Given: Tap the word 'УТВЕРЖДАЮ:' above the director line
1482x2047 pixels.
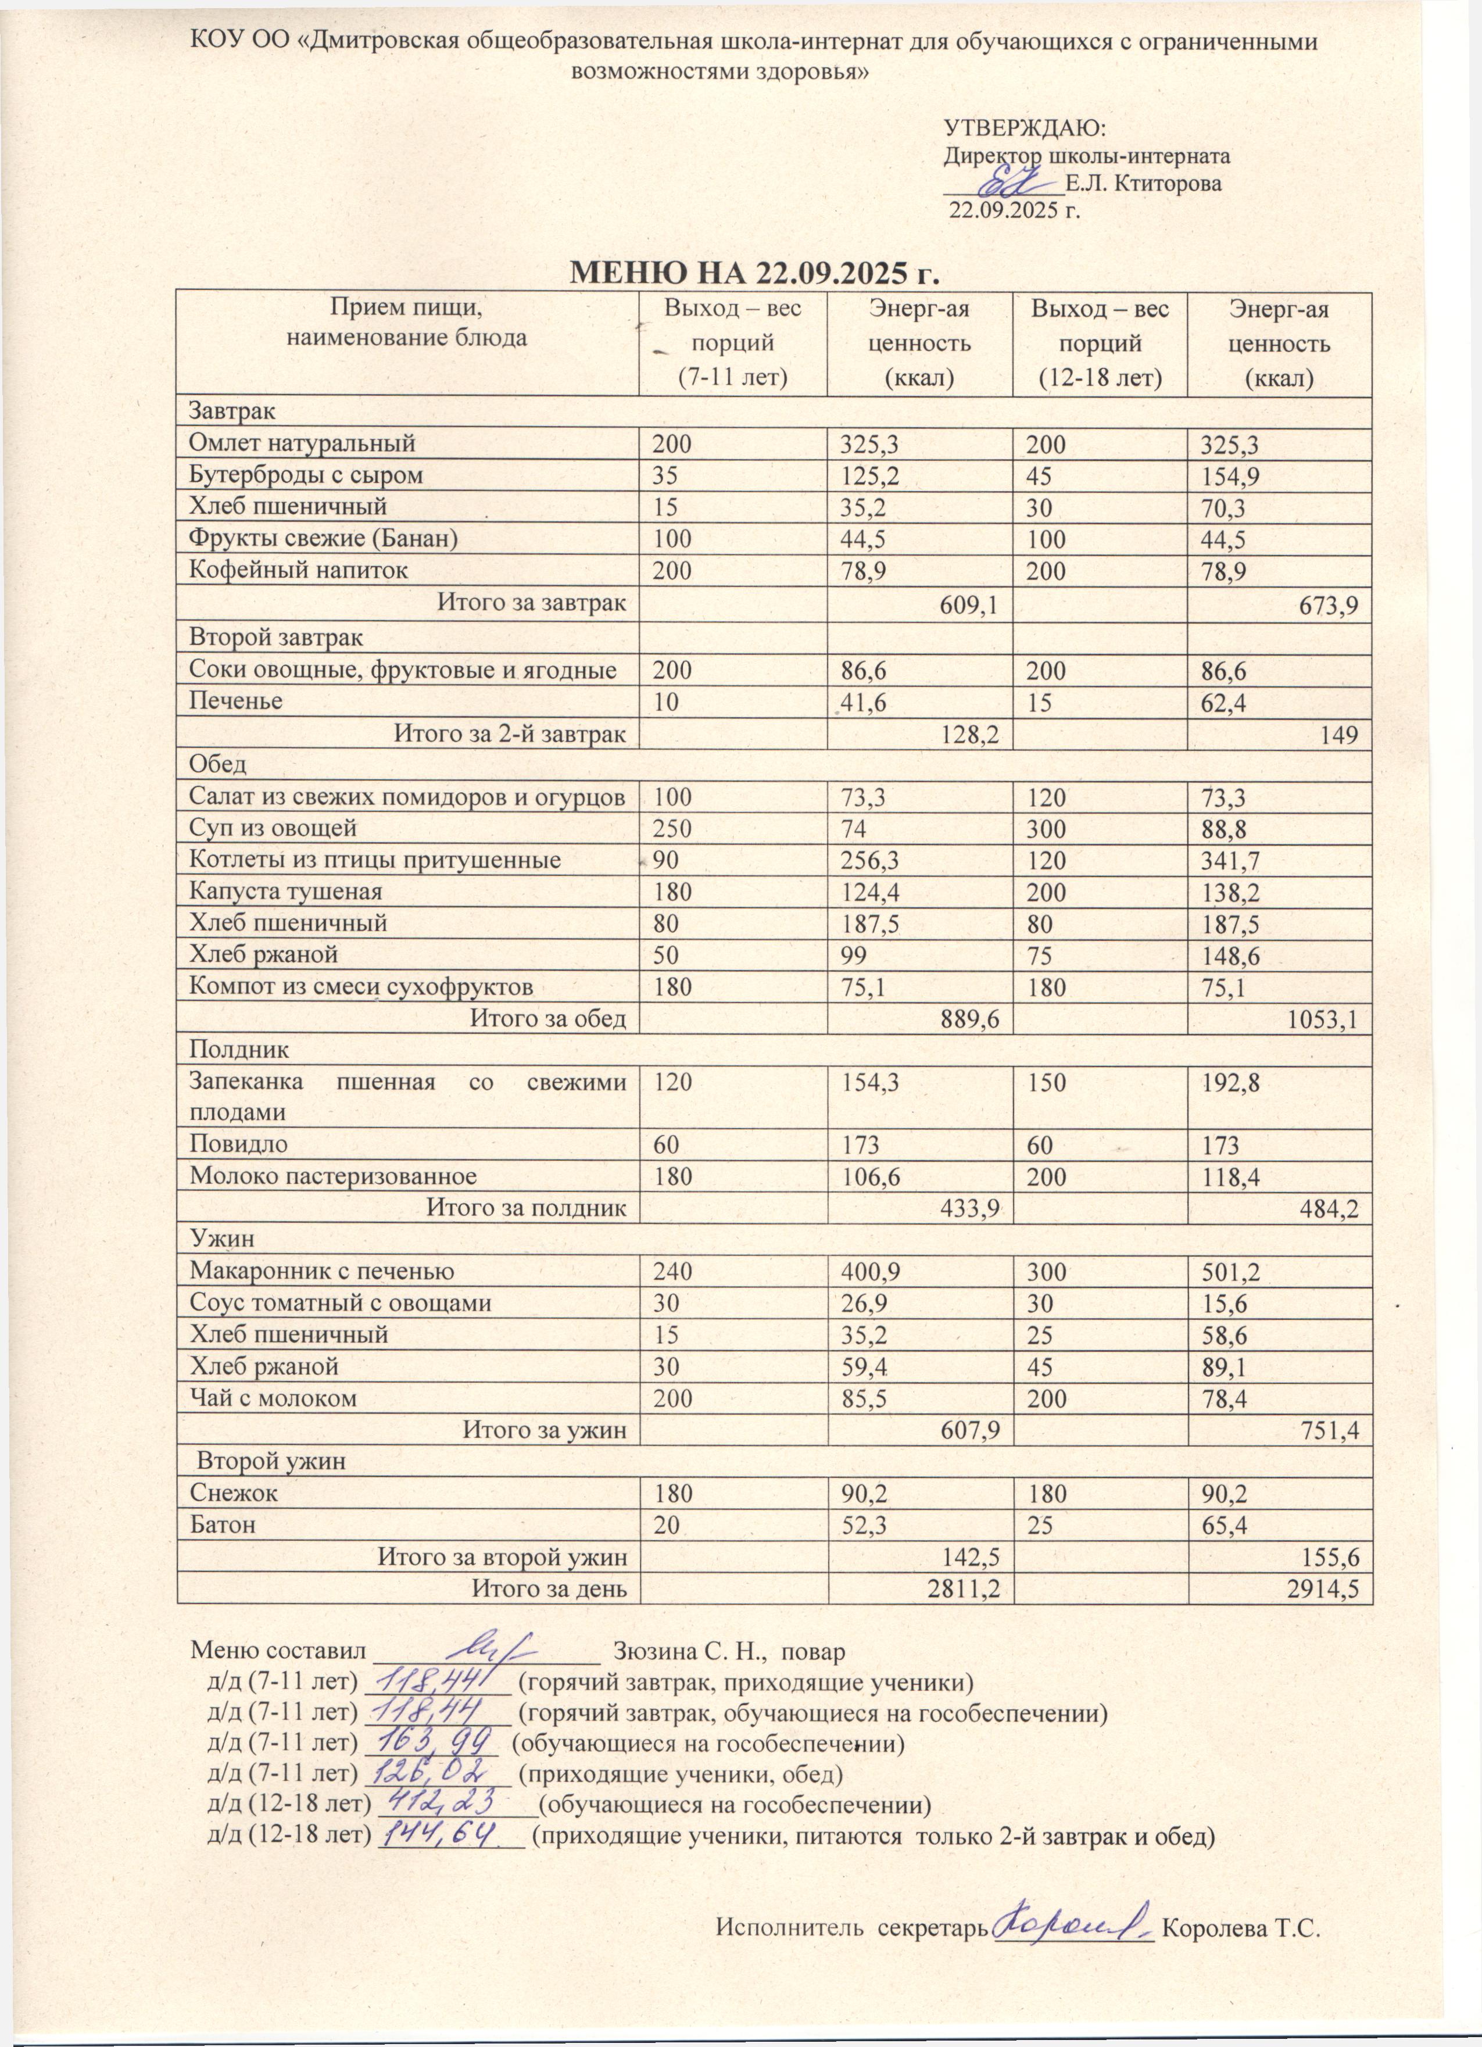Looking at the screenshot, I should click(1025, 127).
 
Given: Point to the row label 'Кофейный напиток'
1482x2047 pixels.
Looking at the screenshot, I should click(298, 570).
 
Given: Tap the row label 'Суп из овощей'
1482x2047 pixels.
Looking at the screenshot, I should click(273, 828).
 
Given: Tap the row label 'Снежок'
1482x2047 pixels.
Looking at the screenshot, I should click(233, 1493).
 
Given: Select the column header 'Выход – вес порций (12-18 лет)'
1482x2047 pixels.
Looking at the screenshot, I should click(1100, 343).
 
